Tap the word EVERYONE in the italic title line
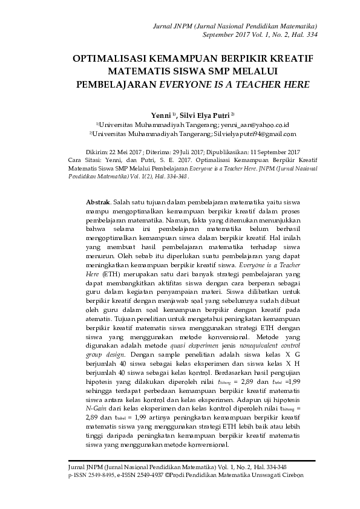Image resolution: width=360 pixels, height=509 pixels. [188, 85]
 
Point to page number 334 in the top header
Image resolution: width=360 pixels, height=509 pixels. [310, 34]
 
